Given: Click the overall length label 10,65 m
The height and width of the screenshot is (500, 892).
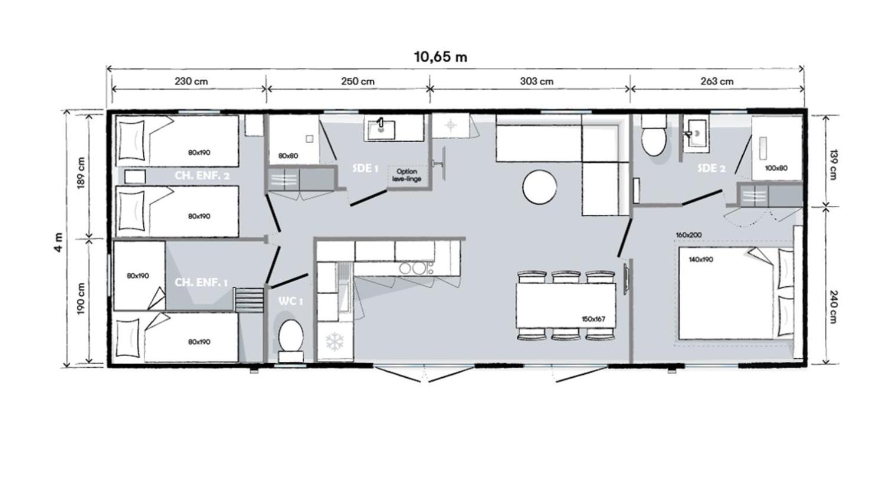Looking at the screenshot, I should point(440,57).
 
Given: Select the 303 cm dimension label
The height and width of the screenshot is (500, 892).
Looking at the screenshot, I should point(536,81).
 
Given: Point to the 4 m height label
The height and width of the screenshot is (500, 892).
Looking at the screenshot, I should point(58,242).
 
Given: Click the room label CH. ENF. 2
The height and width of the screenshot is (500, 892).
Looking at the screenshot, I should point(202,175).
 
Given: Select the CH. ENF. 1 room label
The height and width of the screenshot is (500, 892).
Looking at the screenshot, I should point(201,282).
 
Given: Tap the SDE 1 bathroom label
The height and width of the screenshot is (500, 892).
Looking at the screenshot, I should point(365,168).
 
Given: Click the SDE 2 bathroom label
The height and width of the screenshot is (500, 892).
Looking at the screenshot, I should point(711,168).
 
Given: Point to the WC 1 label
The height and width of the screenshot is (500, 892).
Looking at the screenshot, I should point(290,301).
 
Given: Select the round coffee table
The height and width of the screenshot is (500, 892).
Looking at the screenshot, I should point(539,187).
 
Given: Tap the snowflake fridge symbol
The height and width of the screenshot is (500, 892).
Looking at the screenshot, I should point(335,342).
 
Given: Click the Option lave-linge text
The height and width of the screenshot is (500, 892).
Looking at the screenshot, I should point(406,175).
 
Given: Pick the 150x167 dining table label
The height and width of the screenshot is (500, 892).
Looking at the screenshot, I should point(593,319).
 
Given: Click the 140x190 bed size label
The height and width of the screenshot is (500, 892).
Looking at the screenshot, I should point(700,259).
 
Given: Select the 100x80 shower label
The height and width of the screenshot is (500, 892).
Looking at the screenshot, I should point(776,168).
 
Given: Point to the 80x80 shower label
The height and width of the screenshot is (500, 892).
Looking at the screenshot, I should point(288,156).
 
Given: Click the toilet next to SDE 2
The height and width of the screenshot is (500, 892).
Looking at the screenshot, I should point(654,137).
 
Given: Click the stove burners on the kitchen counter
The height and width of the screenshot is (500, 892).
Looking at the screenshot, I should point(413,269).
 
